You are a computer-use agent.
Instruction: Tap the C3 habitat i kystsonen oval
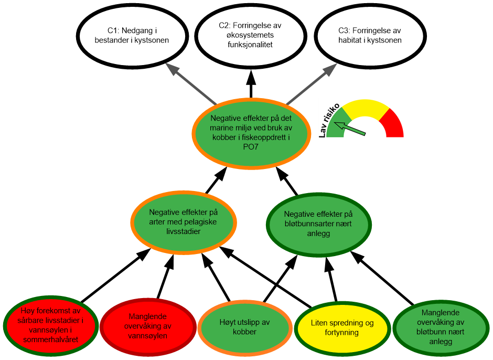pos(370,35)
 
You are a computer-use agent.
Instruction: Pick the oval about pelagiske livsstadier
pos(184,221)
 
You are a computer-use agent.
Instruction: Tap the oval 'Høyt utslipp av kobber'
pos(245,327)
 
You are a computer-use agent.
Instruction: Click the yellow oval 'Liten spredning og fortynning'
pos(342,327)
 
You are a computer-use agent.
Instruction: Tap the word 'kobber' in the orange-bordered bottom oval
pos(245,332)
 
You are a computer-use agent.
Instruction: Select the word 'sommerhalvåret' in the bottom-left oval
pos(50,340)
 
